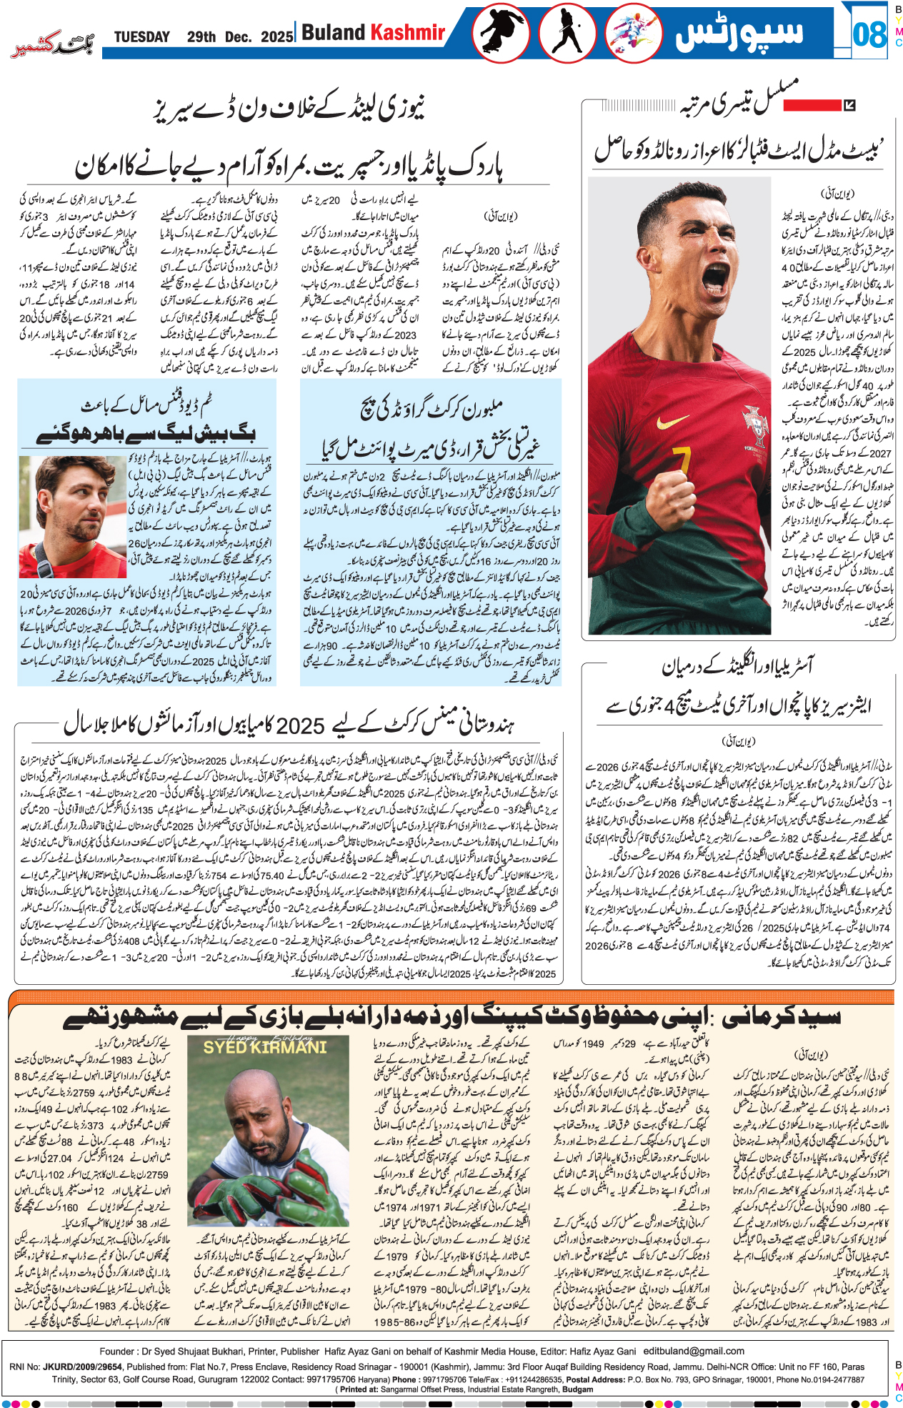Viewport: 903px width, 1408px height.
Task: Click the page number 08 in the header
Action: [869, 34]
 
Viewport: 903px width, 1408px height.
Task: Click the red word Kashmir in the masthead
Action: [408, 32]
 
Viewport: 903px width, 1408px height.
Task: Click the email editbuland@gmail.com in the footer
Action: [694, 1351]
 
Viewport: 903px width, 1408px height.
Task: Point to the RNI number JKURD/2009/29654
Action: [81, 1366]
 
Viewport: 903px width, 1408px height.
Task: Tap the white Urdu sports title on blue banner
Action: [739, 33]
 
